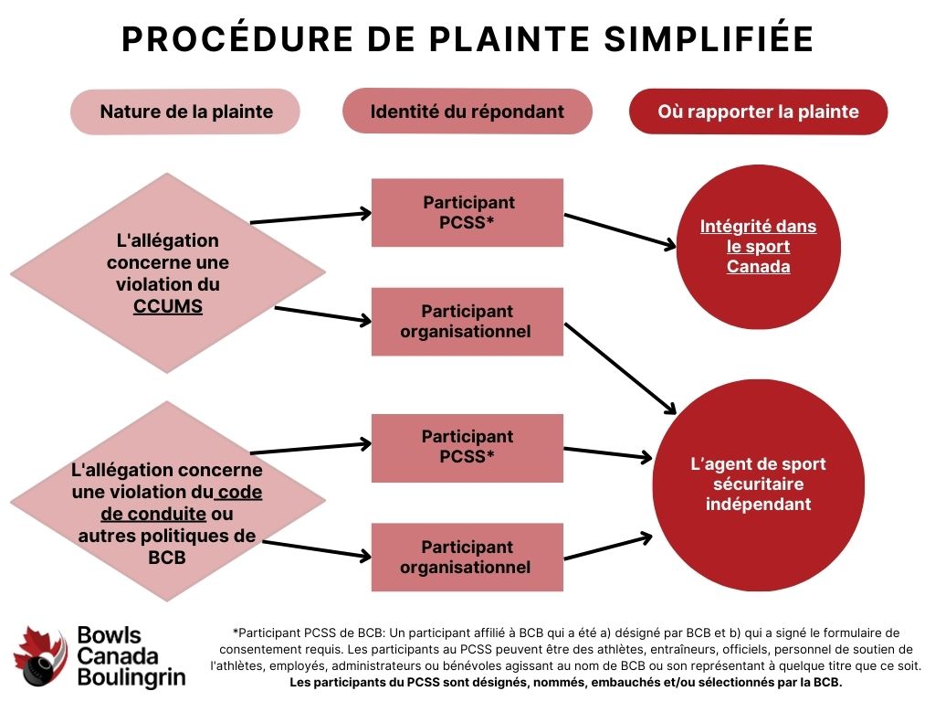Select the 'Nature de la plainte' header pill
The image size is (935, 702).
(x=185, y=112)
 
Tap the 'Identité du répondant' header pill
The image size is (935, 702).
(x=467, y=112)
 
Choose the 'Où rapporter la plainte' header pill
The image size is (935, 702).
(x=758, y=112)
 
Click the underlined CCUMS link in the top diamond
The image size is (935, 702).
(x=168, y=307)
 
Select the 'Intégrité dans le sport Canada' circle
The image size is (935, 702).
(x=758, y=246)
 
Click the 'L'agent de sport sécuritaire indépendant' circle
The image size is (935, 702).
(x=758, y=484)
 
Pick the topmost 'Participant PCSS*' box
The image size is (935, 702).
(x=467, y=212)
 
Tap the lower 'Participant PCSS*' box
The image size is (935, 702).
(x=467, y=447)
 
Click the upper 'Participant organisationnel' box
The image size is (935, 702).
(x=467, y=321)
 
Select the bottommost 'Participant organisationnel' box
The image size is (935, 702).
(x=467, y=557)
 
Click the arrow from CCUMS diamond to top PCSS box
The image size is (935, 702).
(x=310, y=217)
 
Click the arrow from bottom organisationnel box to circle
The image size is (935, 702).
(x=607, y=546)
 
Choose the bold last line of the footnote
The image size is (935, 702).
(x=566, y=683)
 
